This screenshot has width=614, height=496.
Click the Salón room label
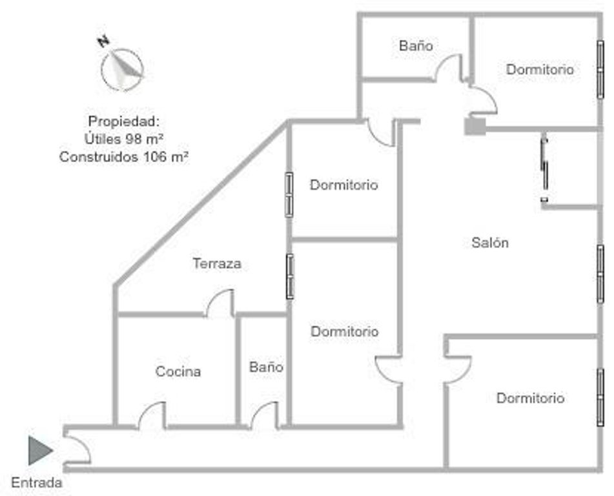[x=490, y=243]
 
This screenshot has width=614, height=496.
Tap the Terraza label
[x=217, y=263]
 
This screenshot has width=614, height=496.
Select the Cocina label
[x=178, y=372]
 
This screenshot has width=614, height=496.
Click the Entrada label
[x=37, y=482]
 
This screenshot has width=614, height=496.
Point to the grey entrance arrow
[x=39, y=450]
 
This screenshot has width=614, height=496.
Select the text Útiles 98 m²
[x=123, y=138]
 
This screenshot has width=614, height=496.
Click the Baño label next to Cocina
[x=266, y=367]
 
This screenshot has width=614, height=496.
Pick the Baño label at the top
[x=415, y=46]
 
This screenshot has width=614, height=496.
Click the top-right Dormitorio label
[x=540, y=69]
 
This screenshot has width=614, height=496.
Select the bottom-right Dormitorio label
[x=530, y=398]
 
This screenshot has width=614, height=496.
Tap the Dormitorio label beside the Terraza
[x=343, y=185]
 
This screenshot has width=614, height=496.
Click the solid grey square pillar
[x=475, y=125]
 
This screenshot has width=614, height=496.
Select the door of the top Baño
[x=449, y=68]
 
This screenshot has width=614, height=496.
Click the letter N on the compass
[x=102, y=42]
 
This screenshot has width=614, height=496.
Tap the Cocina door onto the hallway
[x=152, y=415]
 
